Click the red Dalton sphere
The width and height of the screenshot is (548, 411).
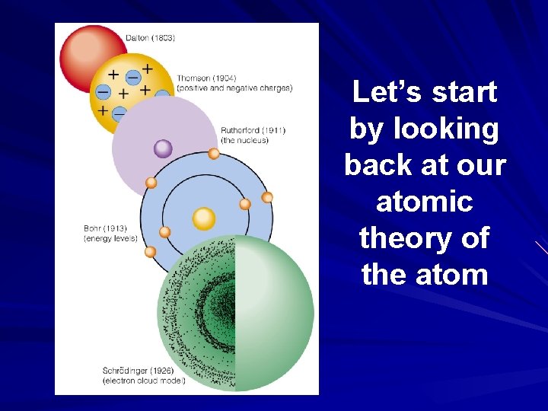[x=88, y=53]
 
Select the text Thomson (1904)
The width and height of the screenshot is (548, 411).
[x=205, y=78]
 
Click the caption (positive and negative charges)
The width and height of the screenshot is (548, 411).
[x=234, y=88]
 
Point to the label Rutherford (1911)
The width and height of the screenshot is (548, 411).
[x=253, y=130]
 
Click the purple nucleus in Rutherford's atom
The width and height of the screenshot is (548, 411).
[x=163, y=148]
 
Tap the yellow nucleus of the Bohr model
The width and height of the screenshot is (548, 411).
[x=204, y=219]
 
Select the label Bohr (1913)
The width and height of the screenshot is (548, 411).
[x=105, y=228]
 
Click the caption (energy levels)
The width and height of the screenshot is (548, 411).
[x=110, y=238]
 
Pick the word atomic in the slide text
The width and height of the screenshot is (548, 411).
[x=425, y=202]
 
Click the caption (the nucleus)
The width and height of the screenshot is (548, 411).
[x=244, y=141]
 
